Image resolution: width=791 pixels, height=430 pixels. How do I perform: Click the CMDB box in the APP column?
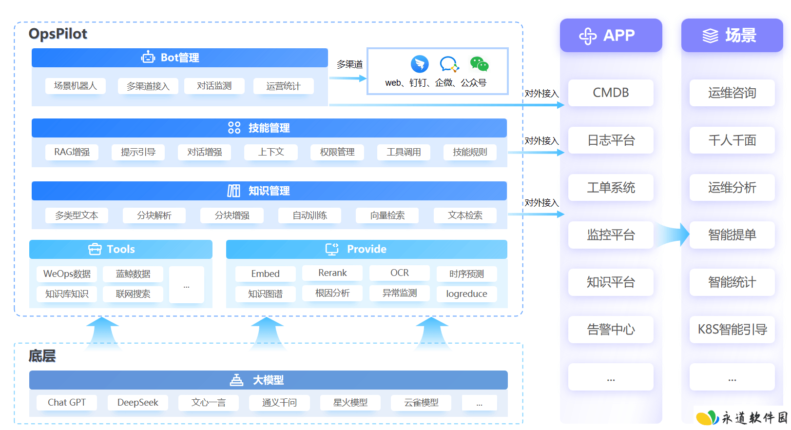pos(611,93)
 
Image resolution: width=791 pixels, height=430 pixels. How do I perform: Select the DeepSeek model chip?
pos(138,402)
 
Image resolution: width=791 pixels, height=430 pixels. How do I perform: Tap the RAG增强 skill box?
pos(72,152)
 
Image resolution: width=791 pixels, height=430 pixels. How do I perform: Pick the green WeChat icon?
pos(479,64)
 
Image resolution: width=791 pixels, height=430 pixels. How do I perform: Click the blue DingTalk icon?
pos(420,64)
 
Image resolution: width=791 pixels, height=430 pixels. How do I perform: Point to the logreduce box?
pos(466,293)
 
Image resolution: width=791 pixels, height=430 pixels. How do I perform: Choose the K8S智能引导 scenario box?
pos(732,329)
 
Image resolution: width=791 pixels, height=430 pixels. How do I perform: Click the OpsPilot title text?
pos(58,34)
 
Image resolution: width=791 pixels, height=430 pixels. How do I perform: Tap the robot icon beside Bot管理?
pos(148,57)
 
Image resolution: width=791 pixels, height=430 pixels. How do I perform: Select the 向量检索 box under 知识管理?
pos(387,215)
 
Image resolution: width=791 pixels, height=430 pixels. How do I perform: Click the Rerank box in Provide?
pos(332,273)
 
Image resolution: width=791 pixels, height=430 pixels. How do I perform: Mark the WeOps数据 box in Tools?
pos(67,274)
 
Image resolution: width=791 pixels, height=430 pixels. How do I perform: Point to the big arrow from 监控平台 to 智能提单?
pos(671,234)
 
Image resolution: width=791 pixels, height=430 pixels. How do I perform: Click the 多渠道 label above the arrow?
pos(349,64)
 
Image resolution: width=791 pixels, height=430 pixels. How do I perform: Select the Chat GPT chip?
pos(67,402)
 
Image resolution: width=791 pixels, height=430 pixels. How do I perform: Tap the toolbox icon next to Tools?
pos(95,249)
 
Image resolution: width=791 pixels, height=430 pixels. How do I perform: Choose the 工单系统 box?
pos(611,187)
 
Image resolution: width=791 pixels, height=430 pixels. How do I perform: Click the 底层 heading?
pos(42,356)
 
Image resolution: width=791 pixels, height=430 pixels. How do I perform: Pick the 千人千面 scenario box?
pos(732,140)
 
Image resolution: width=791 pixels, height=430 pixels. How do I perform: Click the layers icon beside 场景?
pos(710,36)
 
